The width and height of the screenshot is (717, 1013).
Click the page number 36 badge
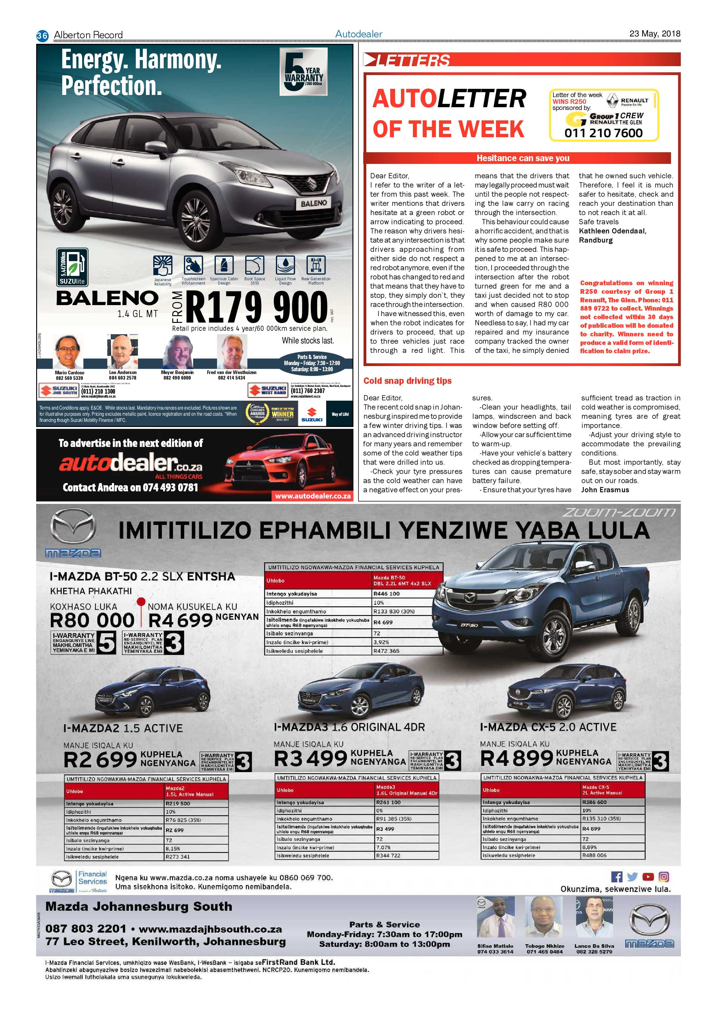click(x=42, y=35)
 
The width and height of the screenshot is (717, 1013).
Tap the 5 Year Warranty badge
click(x=303, y=72)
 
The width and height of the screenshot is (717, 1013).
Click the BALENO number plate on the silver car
click(x=314, y=203)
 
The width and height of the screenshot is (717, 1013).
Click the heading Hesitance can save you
click(x=522, y=158)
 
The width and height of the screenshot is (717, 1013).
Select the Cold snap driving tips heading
click(x=407, y=381)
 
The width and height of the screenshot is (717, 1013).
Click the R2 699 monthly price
click(x=100, y=760)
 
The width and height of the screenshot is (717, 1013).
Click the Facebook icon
click(x=616, y=877)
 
